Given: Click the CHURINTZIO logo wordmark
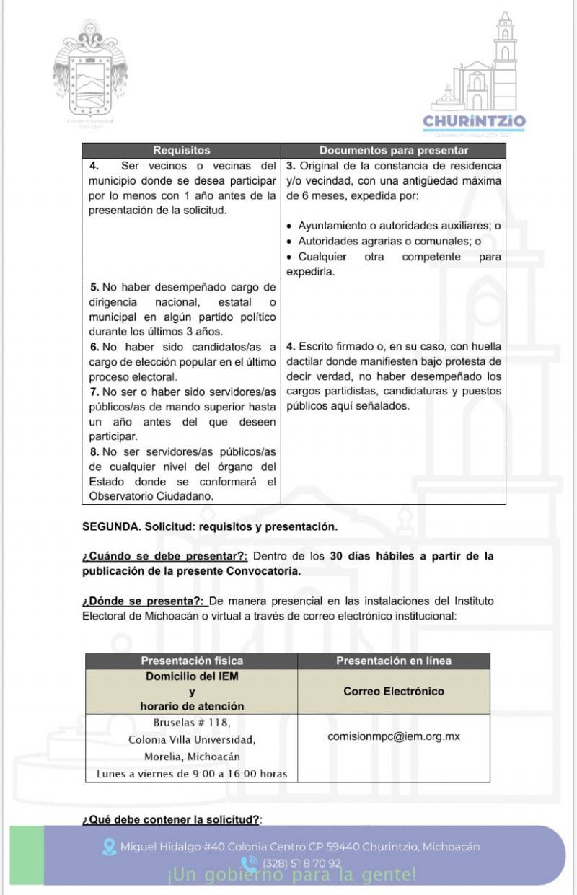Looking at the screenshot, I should point(474,121).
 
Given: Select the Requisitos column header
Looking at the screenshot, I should point(181,151).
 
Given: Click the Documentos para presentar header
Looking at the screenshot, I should point(393,151).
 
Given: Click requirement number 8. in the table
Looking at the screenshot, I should point(94,451).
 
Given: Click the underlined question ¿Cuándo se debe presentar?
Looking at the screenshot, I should point(164,556).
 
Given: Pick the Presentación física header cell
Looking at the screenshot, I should point(192,661).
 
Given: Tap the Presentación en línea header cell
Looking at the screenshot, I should point(394,661).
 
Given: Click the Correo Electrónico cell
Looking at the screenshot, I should point(394,691).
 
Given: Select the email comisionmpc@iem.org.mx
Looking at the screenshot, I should point(394,736).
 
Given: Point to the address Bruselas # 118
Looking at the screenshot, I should point(192,723).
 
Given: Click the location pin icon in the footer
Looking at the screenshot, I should point(110,846).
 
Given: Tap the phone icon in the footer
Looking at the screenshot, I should point(250,863).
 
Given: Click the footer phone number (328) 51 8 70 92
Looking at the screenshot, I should point(301,863).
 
